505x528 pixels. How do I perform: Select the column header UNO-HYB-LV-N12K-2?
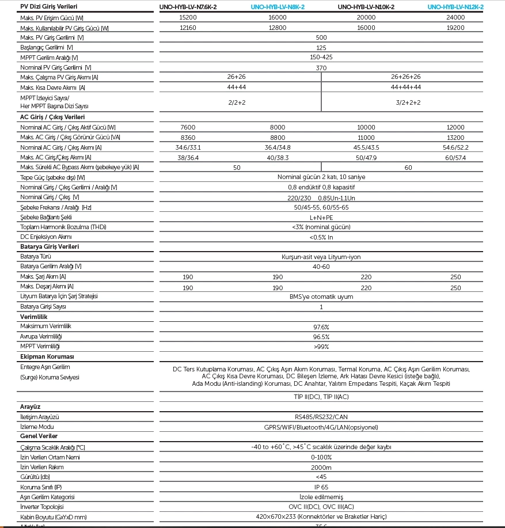click(455, 7)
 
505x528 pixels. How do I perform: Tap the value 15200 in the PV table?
click(188, 17)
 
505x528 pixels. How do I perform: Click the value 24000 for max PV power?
click(455, 17)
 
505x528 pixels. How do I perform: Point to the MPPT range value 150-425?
click(321, 58)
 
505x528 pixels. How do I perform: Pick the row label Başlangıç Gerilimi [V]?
click(47, 47)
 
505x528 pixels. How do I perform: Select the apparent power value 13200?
click(455, 138)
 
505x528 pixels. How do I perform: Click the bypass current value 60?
click(409, 168)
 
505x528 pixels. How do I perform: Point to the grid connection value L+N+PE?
click(321, 217)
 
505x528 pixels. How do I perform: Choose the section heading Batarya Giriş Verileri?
click(50, 246)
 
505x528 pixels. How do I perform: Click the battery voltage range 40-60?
click(321, 267)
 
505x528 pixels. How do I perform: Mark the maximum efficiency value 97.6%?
click(321, 326)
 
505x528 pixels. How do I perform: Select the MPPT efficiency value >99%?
click(321, 347)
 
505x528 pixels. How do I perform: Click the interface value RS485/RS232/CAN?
click(321, 416)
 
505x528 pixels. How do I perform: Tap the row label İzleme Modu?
click(37, 427)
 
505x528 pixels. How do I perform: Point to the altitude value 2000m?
click(321, 467)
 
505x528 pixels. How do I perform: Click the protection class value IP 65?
click(321, 487)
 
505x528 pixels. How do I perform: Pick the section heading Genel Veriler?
click(39, 436)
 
